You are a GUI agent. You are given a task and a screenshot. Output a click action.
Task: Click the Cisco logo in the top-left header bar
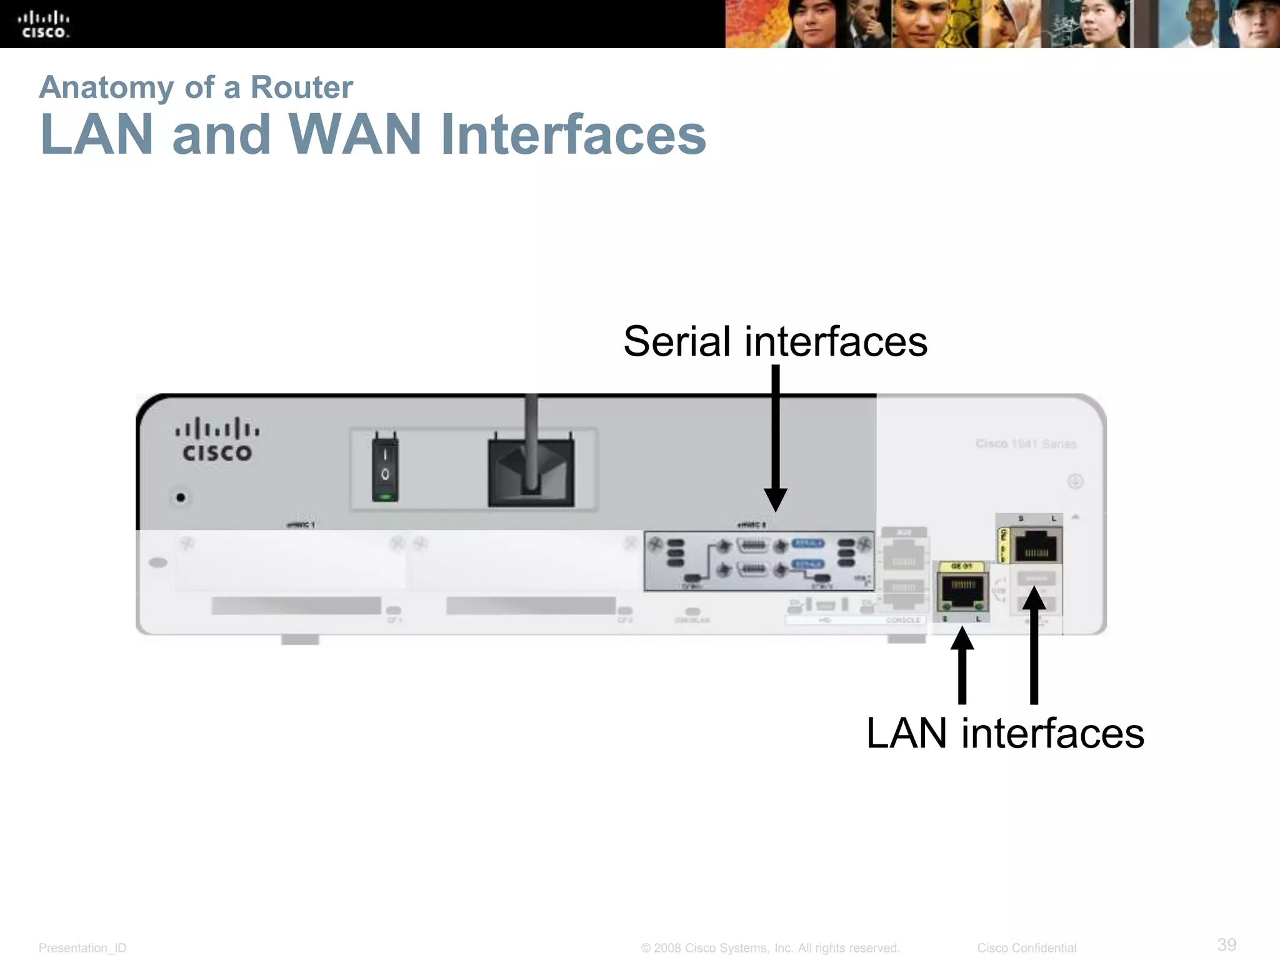(43, 24)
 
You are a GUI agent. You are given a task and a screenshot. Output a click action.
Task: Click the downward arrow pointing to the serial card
(776, 437)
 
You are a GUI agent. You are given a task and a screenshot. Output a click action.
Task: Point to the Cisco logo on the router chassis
(217, 440)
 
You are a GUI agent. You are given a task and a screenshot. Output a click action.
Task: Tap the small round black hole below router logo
(181, 497)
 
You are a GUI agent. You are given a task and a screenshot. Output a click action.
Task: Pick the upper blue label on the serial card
(807, 543)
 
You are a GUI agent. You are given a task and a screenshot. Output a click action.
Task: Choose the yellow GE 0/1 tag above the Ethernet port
(961, 566)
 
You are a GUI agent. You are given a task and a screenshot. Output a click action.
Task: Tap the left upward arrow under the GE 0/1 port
(962, 666)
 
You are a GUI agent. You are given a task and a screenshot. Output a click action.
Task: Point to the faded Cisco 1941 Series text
(1026, 444)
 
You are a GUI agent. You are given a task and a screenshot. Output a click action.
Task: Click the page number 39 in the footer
(1226, 944)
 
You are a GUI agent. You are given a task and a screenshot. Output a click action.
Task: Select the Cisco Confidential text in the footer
(1026, 948)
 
